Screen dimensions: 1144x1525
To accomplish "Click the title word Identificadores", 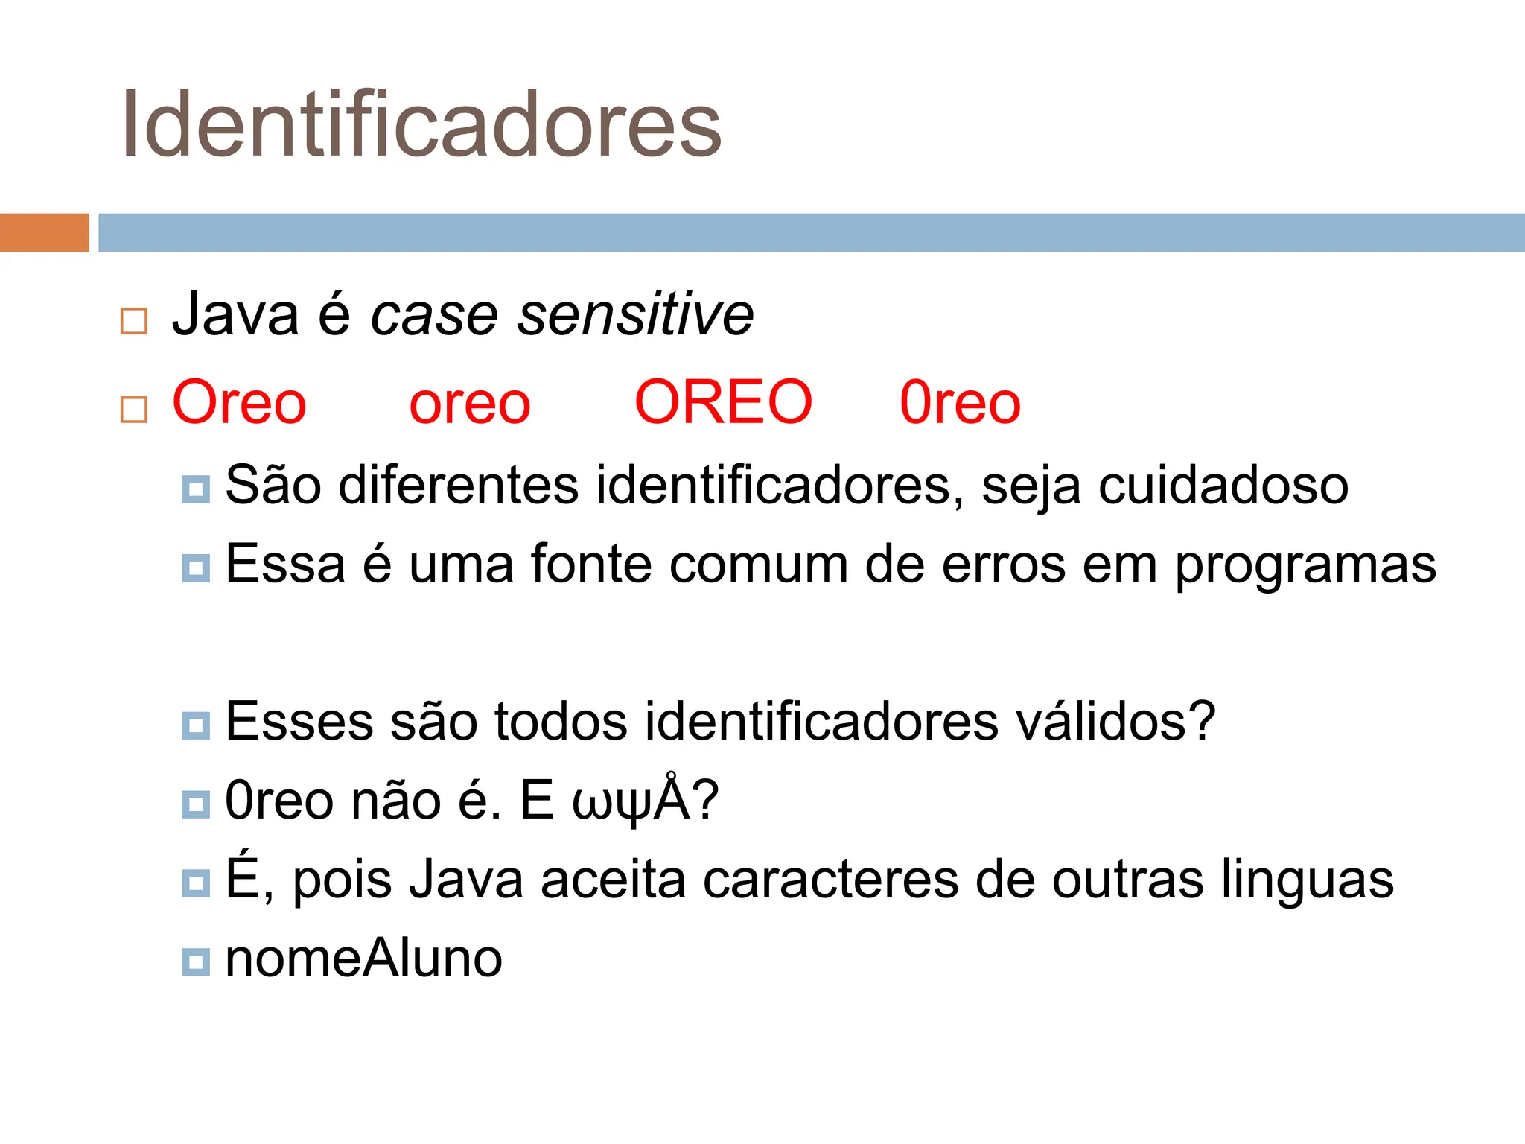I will (421, 124).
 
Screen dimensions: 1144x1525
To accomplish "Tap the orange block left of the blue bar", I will (44, 232).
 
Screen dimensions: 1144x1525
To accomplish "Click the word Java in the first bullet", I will (235, 314).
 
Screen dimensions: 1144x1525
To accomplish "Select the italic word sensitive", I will (636, 314).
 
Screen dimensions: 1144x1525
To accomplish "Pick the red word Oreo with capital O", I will (239, 402).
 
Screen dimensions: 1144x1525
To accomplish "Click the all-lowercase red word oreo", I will (470, 404).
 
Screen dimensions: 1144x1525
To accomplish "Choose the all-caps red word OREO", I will (723, 402).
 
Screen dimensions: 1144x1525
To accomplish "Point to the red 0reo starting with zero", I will (960, 403).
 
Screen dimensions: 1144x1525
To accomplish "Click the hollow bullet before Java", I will (134, 321).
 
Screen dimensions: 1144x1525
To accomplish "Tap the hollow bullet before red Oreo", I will (134, 410).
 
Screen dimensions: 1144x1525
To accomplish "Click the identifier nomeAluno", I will (363, 959).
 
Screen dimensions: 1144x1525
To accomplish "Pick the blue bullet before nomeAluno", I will (196, 962).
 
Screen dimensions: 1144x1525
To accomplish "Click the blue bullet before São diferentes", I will (196, 489).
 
